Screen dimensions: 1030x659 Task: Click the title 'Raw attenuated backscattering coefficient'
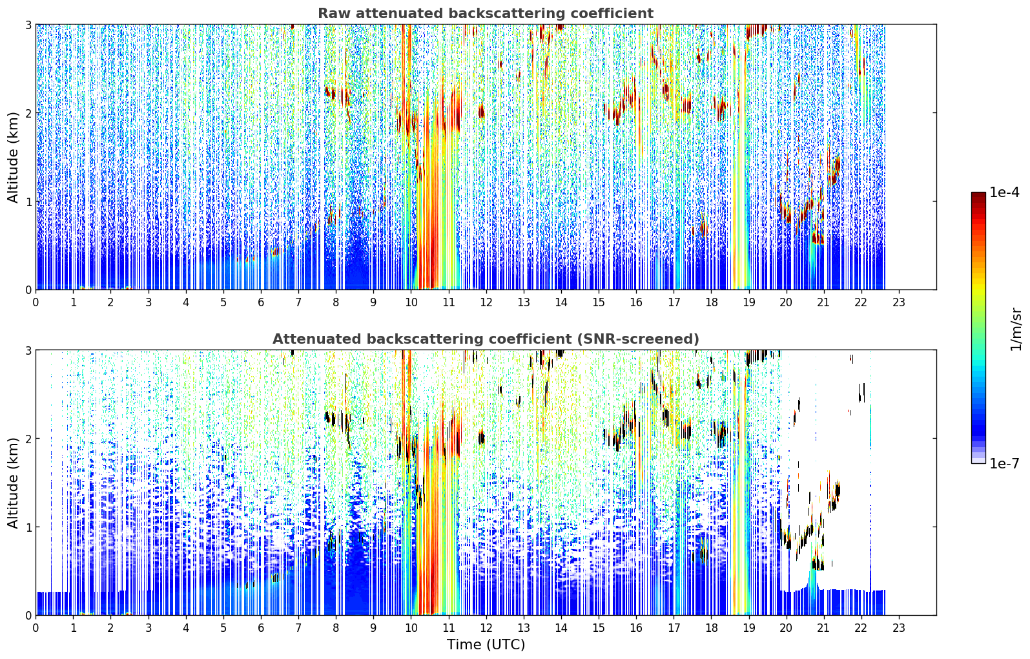(486, 14)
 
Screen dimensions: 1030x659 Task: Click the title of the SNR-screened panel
(486, 339)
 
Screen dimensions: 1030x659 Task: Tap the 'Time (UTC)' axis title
(486, 644)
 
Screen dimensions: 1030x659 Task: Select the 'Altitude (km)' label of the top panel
(13, 158)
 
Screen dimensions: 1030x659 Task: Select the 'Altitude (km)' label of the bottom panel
(13, 483)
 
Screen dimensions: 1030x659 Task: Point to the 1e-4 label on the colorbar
(1004, 192)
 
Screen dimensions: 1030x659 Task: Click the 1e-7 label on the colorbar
(1004, 463)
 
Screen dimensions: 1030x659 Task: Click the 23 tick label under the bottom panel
(898, 628)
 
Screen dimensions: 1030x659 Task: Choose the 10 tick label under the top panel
(411, 302)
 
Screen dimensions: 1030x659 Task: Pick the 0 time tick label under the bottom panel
(36, 628)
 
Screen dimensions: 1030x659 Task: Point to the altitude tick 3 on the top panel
(28, 25)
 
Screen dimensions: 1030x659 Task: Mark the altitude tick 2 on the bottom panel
(28, 438)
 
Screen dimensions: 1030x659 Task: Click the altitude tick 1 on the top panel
(28, 201)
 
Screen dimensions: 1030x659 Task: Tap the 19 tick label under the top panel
(748, 302)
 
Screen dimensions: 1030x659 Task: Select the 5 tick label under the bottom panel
(223, 628)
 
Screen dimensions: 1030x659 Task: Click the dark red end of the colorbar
(978, 195)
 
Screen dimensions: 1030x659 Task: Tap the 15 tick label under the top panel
(598, 302)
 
